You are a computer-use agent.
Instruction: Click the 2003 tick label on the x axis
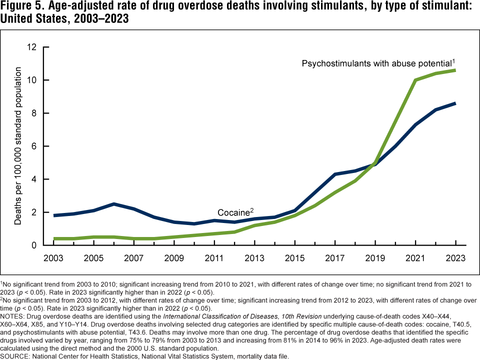pos(53,258)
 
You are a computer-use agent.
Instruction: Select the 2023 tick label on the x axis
pos(456,258)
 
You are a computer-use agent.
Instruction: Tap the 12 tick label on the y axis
pos(32,47)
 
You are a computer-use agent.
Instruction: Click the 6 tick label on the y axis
pos(34,146)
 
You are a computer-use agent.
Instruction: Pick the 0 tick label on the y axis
pos(34,245)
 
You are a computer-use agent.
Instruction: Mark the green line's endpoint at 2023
pos(456,70)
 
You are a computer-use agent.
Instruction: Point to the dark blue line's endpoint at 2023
pos(456,103)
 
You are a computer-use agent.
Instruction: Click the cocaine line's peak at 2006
pos(114,204)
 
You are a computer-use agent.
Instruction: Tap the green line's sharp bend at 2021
pos(415,80)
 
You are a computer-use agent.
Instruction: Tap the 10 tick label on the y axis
pos(32,80)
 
